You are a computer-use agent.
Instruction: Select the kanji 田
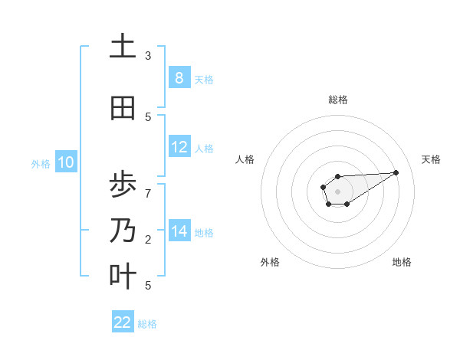click(x=123, y=109)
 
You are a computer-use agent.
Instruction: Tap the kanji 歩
click(x=123, y=185)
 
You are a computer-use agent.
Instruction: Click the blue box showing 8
click(x=179, y=77)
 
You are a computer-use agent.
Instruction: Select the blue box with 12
click(x=179, y=147)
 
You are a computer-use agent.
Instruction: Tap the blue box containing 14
click(x=179, y=231)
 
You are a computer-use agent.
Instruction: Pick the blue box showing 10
click(x=66, y=162)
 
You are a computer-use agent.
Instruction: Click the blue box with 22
click(x=123, y=322)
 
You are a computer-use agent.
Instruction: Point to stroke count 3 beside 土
click(x=148, y=56)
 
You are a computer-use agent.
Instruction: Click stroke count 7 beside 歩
click(x=148, y=193)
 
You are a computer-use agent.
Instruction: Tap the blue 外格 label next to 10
click(x=41, y=163)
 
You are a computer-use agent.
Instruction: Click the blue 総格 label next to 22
click(x=148, y=323)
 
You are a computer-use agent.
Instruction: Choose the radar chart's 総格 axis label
click(x=337, y=100)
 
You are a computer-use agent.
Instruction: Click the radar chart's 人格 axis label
click(x=245, y=159)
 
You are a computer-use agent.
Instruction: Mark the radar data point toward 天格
click(x=396, y=172)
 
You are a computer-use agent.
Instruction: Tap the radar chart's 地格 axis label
click(x=402, y=262)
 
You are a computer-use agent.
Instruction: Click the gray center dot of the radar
click(x=337, y=191)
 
